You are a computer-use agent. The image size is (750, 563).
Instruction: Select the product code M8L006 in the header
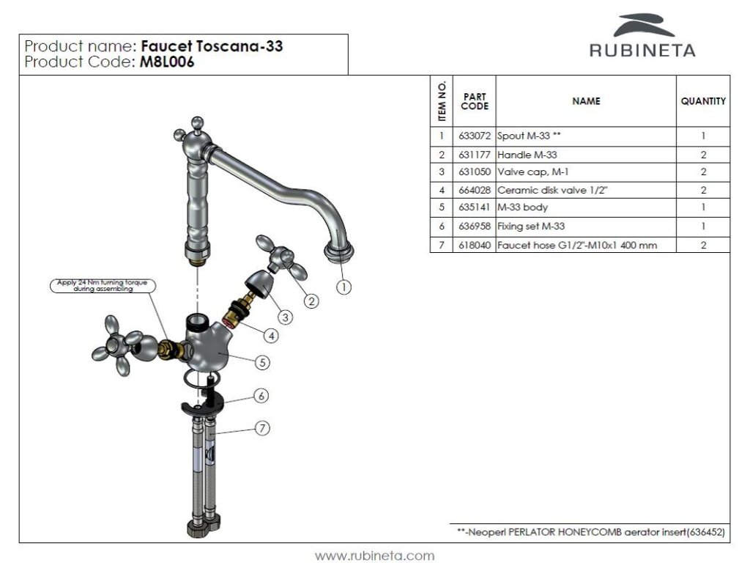click(x=168, y=62)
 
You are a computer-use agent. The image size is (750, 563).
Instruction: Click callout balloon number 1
click(x=344, y=287)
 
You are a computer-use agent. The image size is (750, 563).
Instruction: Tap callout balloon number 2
click(x=311, y=300)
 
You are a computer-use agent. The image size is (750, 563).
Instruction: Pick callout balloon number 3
click(x=286, y=317)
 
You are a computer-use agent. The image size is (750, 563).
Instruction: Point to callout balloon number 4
click(x=272, y=336)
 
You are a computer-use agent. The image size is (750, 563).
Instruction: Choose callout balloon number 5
click(x=263, y=361)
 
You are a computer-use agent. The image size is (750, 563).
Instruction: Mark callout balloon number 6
click(x=261, y=395)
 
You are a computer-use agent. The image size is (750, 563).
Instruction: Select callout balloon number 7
click(x=262, y=428)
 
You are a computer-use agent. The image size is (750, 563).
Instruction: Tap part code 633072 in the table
click(x=474, y=136)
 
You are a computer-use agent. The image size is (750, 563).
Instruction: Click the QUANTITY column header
click(x=703, y=101)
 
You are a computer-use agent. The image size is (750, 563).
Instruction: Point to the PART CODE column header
click(x=474, y=101)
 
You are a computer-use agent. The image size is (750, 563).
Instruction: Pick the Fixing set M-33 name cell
click(x=531, y=227)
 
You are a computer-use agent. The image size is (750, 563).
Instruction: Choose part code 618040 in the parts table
click(x=474, y=245)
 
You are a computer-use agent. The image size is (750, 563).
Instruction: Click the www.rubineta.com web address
click(x=374, y=555)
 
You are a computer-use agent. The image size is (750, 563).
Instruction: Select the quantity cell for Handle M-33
click(x=703, y=155)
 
